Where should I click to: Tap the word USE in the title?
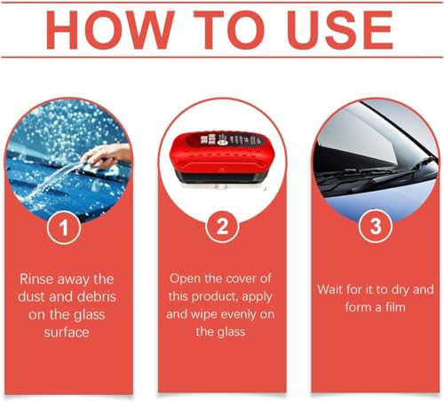coord(340,30)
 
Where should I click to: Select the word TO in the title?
coord(228,30)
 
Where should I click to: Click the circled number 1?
coord(64,227)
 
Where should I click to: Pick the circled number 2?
coord(222,226)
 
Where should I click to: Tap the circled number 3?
coord(376,226)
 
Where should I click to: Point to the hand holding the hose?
coord(107,155)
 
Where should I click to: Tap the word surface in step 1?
coord(67,332)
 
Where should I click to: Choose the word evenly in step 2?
coord(237,314)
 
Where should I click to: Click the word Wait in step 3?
coord(329,289)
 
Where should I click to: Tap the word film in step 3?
coord(395,307)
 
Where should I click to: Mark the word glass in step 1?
coord(89,315)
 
